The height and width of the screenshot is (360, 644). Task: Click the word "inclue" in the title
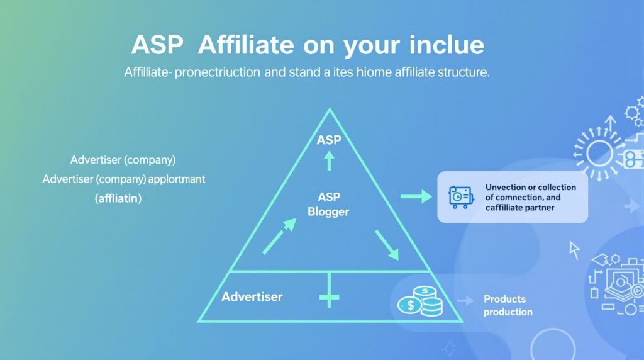click(447, 45)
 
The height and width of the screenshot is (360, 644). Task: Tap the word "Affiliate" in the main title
click(246, 45)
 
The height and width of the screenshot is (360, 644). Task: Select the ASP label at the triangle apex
click(329, 140)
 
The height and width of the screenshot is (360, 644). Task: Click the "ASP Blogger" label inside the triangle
click(328, 205)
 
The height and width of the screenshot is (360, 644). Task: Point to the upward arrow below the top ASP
click(329, 160)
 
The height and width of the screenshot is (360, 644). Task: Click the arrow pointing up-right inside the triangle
click(279, 236)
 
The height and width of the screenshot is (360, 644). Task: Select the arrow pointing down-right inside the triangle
click(387, 245)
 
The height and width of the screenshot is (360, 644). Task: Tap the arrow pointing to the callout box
click(416, 196)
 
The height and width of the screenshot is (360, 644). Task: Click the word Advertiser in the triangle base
click(252, 296)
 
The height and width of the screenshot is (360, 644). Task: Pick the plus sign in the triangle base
click(329, 296)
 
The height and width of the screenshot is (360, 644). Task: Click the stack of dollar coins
click(420, 301)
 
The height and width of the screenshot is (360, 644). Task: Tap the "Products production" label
click(508, 305)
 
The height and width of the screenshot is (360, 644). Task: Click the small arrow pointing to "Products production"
click(465, 301)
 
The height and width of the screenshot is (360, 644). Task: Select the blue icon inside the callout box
click(461, 197)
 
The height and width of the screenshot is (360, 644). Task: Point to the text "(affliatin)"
click(118, 198)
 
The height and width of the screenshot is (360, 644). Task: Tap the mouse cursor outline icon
click(574, 250)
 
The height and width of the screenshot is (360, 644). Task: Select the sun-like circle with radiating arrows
click(599, 154)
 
